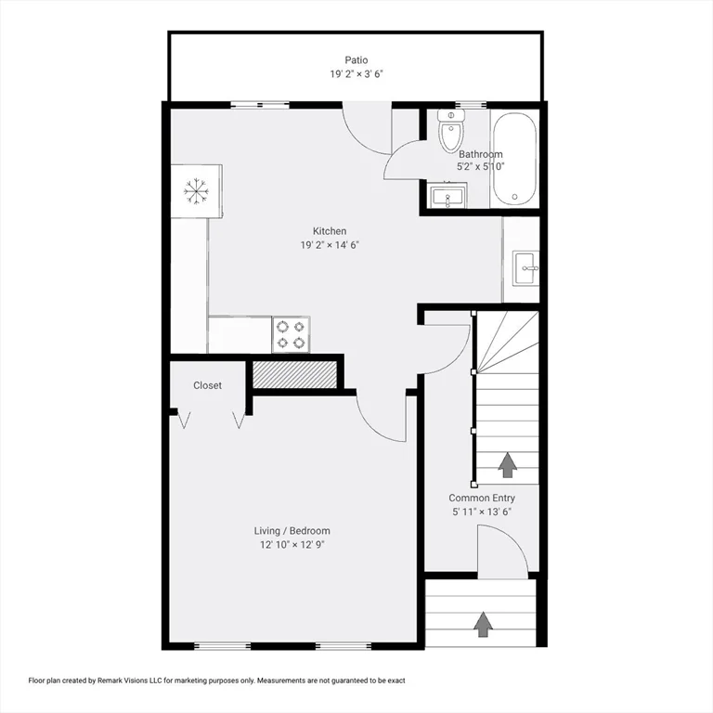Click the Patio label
[x=356, y=60]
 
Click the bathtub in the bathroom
[x=514, y=158]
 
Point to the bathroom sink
[x=447, y=196]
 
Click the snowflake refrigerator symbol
[x=196, y=191]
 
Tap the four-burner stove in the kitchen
[x=291, y=335]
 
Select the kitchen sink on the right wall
[x=525, y=269]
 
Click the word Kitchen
[x=329, y=231]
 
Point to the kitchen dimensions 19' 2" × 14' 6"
[x=329, y=245]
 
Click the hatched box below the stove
[x=294, y=374]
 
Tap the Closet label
[x=207, y=385]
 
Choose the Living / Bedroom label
[x=292, y=531]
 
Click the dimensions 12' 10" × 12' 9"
[x=292, y=545]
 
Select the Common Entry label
[x=482, y=498]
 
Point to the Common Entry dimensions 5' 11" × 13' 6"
[x=482, y=512]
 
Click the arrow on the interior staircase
[x=508, y=464]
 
